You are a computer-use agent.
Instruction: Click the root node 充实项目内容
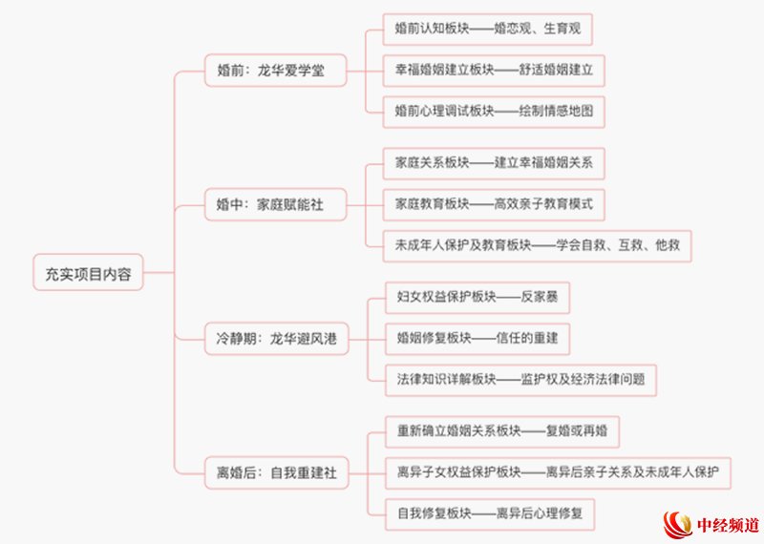(x=88, y=272)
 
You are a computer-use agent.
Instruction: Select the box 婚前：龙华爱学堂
(x=275, y=71)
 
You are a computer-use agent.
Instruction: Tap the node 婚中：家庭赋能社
(x=275, y=204)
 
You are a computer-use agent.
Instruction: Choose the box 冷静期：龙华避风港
(x=276, y=339)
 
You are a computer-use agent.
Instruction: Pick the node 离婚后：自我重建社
(x=276, y=472)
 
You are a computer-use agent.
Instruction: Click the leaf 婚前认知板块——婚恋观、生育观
(x=487, y=30)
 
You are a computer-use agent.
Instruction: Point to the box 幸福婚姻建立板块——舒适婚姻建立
(x=494, y=71)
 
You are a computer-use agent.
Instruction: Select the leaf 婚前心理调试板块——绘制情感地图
(x=494, y=112)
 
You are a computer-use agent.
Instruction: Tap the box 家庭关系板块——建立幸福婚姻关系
(x=494, y=163)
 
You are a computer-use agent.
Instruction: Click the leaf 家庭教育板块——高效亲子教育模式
(x=494, y=204)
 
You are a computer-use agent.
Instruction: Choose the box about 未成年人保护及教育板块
(x=537, y=246)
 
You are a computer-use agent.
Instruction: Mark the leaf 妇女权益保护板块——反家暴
(x=477, y=297)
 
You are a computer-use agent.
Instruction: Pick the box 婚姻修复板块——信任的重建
(x=477, y=339)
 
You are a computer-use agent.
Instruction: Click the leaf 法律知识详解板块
(x=520, y=380)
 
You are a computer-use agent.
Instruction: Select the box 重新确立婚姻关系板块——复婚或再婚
(x=502, y=431)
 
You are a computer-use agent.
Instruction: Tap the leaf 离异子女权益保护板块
(x=558, y=472)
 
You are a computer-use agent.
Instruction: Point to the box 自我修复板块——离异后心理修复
(x=490, y=513)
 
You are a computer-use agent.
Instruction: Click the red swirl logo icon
(x=678, y=525)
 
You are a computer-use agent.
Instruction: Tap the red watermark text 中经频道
(x=728, y=525)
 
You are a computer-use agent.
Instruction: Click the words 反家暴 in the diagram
(x=539, y=297)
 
